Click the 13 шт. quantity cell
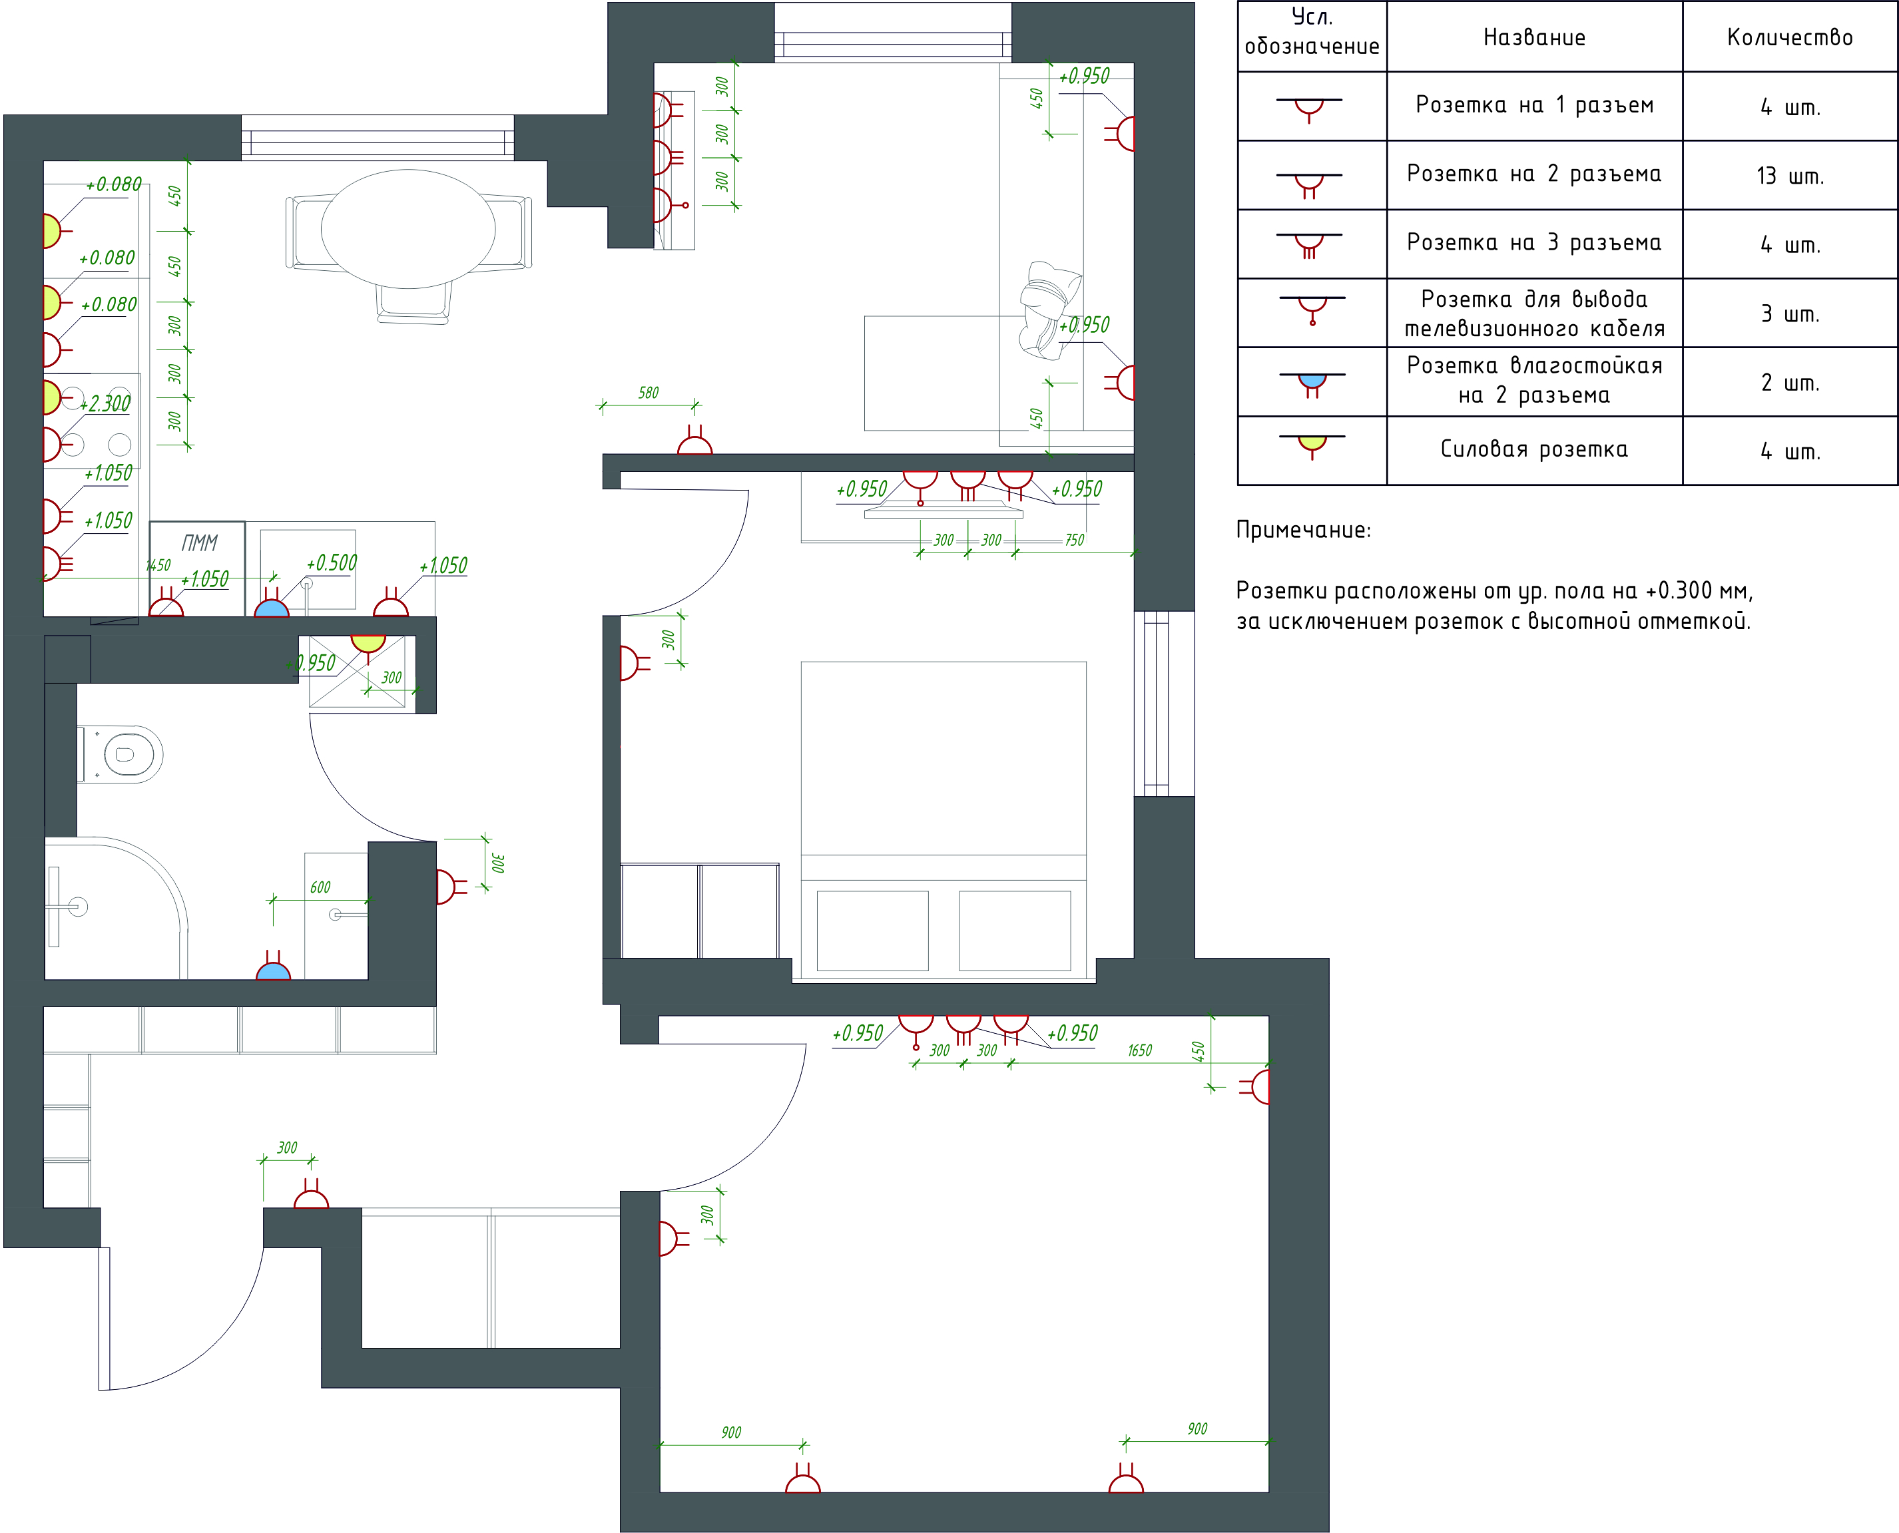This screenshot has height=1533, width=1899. click(x=1790, y=176)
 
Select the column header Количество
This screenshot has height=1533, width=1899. click(x=1790, y=37)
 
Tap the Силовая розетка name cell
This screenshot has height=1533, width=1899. click(x=1534, y=451)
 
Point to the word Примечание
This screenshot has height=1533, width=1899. click(x=1303, y=531)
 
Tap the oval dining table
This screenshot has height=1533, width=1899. click(x=408, y=229)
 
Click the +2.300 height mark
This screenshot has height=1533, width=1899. click(x=106, y=403)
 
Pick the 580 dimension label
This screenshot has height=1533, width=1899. click(x=649, y=393)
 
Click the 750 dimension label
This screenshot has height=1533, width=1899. click(x=1074, y=541)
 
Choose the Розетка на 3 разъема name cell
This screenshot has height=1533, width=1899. click(x=1534, y=244)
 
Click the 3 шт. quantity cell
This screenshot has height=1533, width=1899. click(x=1790, y=314)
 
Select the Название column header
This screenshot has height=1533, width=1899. click(x=1534, y=37)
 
